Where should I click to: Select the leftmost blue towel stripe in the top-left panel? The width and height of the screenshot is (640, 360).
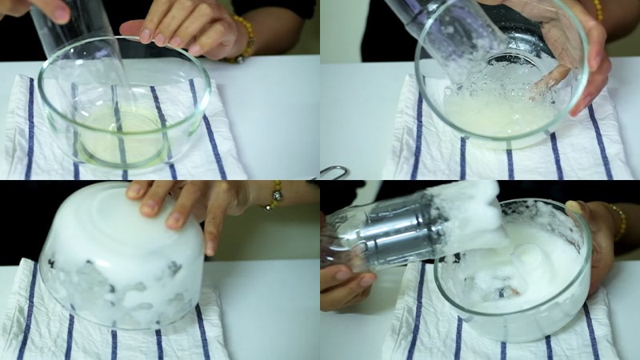(x=30, y=128)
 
